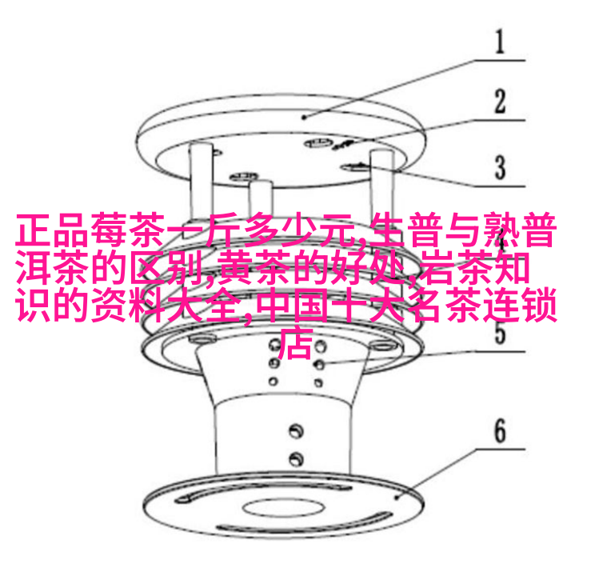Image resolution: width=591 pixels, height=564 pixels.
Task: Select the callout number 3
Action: coord(499,168)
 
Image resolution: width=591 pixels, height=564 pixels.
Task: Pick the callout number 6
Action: coord(499,432)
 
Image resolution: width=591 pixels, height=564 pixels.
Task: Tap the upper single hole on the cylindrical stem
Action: coord(296,430)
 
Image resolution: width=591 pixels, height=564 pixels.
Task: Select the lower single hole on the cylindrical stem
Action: coord(296,458)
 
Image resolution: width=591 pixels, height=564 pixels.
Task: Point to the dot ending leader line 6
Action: coord(397,497)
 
